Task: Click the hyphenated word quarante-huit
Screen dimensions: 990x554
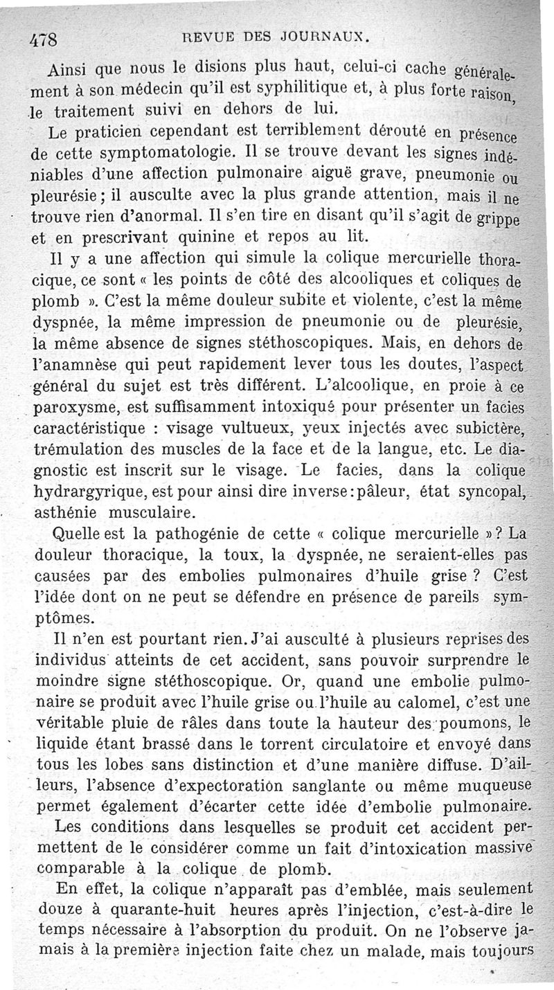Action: pos(157,910)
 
